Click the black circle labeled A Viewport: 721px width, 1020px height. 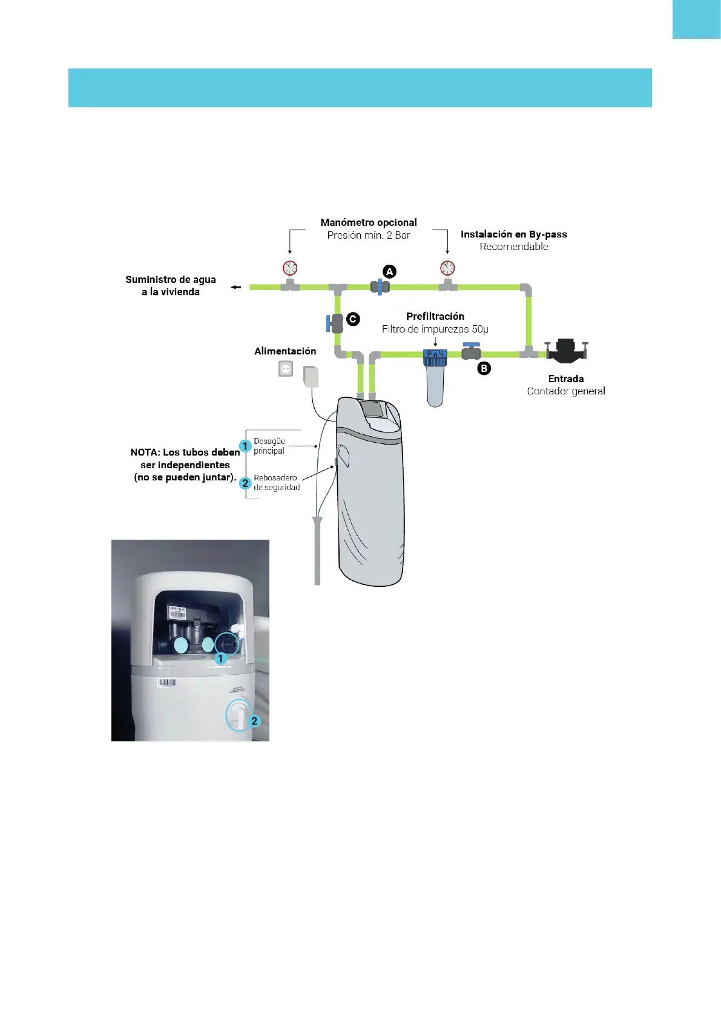pos(390,271)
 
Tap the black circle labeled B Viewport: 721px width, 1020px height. pos(484,368)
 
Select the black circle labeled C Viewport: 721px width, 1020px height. pos(352,319)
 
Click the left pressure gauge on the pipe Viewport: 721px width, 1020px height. pos(290,268)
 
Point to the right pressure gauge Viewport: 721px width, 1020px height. pos(447,268)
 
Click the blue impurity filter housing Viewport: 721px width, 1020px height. pos(435,379)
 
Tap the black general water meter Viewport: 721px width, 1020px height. pos(566,351)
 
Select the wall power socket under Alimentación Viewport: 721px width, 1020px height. pos(286,368)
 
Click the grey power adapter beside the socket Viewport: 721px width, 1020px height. pos(311,377)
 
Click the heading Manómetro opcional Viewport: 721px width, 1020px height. pos(369,222)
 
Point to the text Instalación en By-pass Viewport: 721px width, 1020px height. pos(513,234)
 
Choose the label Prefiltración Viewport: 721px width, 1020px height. pos(435,316)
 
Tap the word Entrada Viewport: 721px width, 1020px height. pos(566,379)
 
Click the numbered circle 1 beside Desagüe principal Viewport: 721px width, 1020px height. pos(245,446)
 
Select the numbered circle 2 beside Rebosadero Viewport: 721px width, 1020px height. pos(245,483)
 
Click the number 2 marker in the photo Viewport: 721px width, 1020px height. pos(255,721)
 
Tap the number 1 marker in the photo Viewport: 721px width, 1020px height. pos(221,658)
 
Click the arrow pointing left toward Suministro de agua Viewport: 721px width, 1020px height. pos(236,287)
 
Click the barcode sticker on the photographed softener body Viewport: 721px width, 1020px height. pos(166,683)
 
